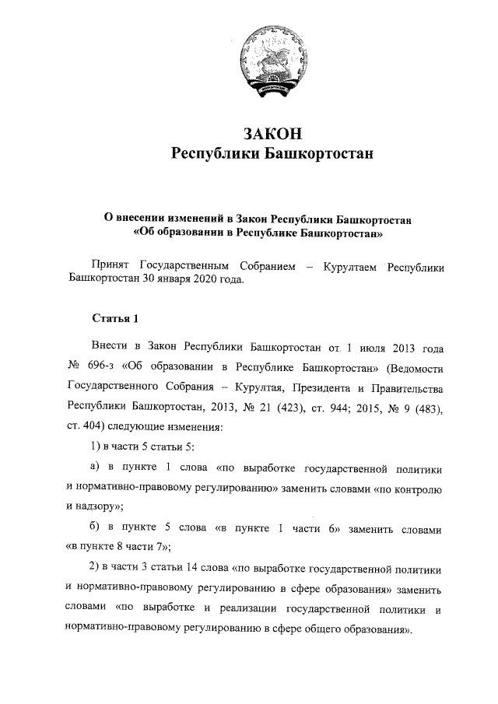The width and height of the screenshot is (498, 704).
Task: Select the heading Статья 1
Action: pos(115,317)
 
